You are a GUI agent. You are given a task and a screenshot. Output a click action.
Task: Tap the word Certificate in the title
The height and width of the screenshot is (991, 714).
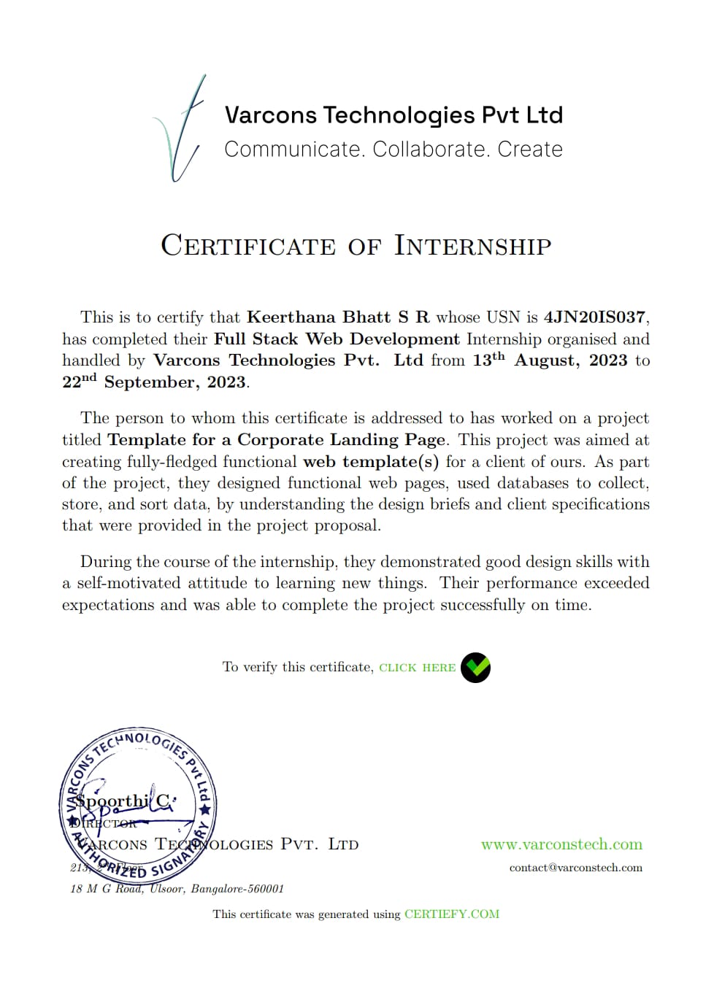click(x=248, y=246)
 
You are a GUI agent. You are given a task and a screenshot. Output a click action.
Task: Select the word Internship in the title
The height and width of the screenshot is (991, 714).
click(x=472, y=246)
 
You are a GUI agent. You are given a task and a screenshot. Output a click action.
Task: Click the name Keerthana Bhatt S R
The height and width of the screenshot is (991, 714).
click(x=338, y=317)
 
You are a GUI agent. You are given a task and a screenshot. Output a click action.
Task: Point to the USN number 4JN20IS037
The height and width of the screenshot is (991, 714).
click(x=594, y=317)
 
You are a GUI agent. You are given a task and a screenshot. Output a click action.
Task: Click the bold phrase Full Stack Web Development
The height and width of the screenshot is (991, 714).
click(x=337, y=339)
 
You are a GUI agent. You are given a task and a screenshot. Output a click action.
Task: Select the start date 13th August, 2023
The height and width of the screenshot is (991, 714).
click(x=550, y=360)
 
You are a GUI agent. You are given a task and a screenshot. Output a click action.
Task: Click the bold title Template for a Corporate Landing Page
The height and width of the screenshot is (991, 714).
click(x=276, y=440)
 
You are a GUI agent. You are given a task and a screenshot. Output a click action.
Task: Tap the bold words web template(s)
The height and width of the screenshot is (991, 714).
click(x=371, y=462)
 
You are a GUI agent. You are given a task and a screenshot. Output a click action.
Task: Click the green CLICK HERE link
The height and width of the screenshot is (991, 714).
click(x=417, y=668)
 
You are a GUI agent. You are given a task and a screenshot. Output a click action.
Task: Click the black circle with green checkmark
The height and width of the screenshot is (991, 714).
click(x=475, y=667)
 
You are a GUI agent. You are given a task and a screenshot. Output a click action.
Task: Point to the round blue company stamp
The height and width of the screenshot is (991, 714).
click(x=138, y=806)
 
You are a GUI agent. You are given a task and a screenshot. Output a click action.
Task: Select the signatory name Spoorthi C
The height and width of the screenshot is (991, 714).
click(x=124, y=801)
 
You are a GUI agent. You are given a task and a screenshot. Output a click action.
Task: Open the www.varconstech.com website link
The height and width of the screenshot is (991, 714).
click(x=561, y=844)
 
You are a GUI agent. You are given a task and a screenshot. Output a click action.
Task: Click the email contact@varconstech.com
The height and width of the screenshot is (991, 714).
click(x=575, y=868)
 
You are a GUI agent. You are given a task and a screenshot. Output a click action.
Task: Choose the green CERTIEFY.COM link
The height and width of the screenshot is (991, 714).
click(x=452, y=914)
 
